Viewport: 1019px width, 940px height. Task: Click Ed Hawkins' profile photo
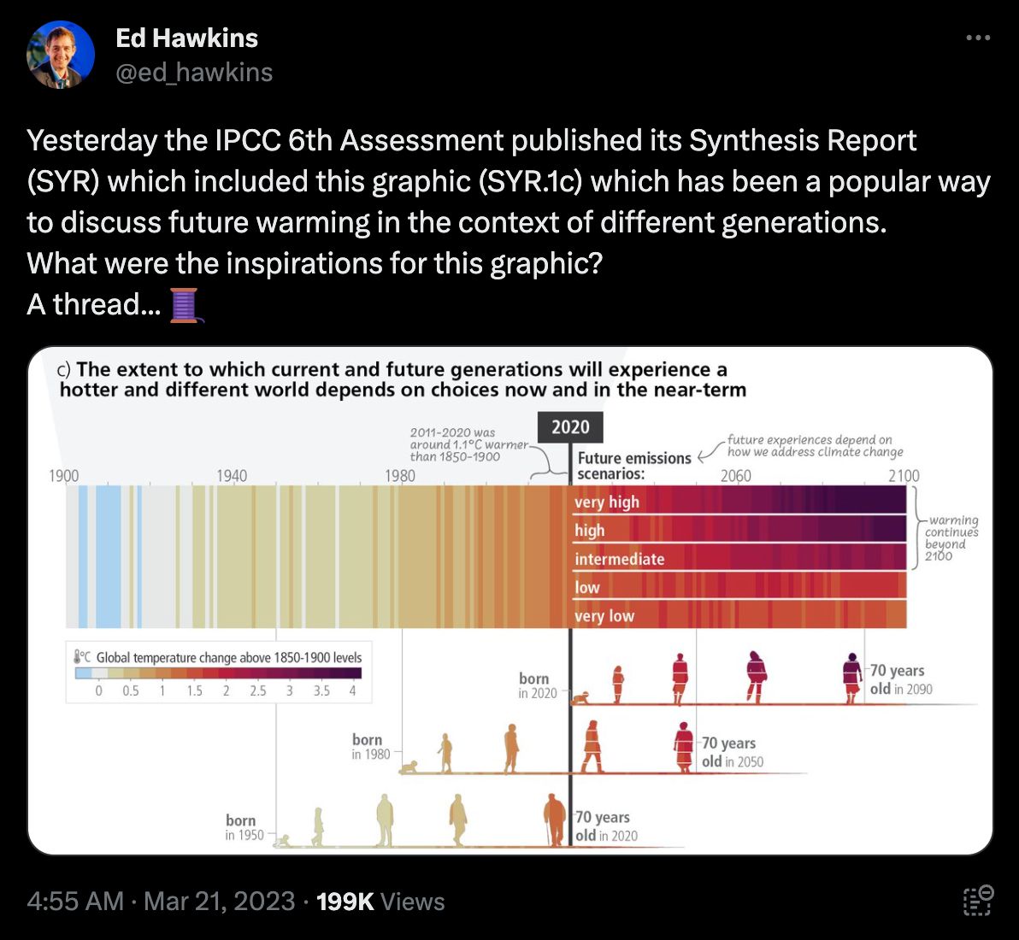click(60, 56)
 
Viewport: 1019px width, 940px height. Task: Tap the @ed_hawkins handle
click(194, 73)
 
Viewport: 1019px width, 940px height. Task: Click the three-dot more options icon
click(977, 38)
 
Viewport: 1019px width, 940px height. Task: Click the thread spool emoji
click(184, 305)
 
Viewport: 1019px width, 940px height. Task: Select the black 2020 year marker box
click(570, 427)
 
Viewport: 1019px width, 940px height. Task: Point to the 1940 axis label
click(232, 476)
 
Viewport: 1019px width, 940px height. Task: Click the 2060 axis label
click(736, 476)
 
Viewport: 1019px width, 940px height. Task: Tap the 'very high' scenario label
click(606, 502)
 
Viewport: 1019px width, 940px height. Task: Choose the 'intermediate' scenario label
click(619, 559)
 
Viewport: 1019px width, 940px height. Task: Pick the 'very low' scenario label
click(604, 616)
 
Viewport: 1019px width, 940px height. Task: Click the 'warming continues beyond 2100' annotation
click(951, 538)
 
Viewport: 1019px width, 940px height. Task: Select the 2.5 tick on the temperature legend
click(257, 690)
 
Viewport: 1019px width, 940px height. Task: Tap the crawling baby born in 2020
click(582, 697)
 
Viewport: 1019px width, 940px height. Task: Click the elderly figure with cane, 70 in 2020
click(554, 820)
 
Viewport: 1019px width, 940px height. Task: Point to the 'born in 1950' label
click(244, 827)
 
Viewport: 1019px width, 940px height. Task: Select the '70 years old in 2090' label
click(900, 679)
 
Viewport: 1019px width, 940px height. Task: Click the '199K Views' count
click(380, 902)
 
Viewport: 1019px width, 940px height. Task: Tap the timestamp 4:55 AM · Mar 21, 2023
click(161, 902)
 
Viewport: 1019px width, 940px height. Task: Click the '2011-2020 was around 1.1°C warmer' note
click(468, 444)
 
